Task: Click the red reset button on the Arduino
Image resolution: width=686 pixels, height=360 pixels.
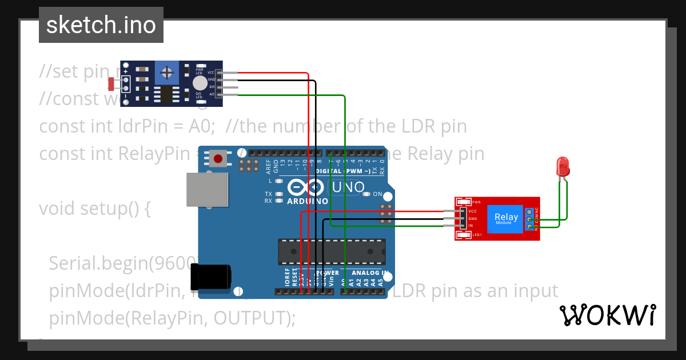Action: coord(217,158)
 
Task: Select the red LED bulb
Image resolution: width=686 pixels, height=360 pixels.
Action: coord(563,166)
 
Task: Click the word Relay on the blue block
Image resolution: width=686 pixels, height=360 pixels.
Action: coord(506,217)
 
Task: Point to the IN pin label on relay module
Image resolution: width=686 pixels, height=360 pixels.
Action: coord(471,226)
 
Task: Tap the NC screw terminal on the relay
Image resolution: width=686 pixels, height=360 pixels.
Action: coord(530,212)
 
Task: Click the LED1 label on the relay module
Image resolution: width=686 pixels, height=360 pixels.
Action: coord(477,235)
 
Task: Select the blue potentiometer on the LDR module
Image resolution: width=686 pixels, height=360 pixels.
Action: coord(167,73)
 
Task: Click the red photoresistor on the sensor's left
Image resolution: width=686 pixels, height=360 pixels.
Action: coord(111,84)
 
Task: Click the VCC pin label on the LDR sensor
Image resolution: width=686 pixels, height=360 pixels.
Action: coord(210,73)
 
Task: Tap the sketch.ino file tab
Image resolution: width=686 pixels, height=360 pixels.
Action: coord(101,25)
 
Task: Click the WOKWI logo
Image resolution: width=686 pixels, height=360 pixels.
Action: coord(607,315)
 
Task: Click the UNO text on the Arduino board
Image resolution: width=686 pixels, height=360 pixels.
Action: coord(348,187)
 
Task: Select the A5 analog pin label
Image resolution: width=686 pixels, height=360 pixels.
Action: coord(381,281)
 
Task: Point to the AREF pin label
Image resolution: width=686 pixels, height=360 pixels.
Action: coord(268,166)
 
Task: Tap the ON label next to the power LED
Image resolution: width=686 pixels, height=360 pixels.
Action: coord(377,194)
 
